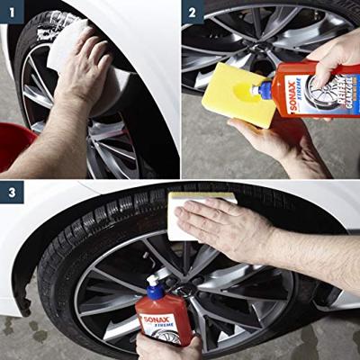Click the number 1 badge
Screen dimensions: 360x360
coord(13,13)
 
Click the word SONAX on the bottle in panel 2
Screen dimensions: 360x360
coord(294,90)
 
